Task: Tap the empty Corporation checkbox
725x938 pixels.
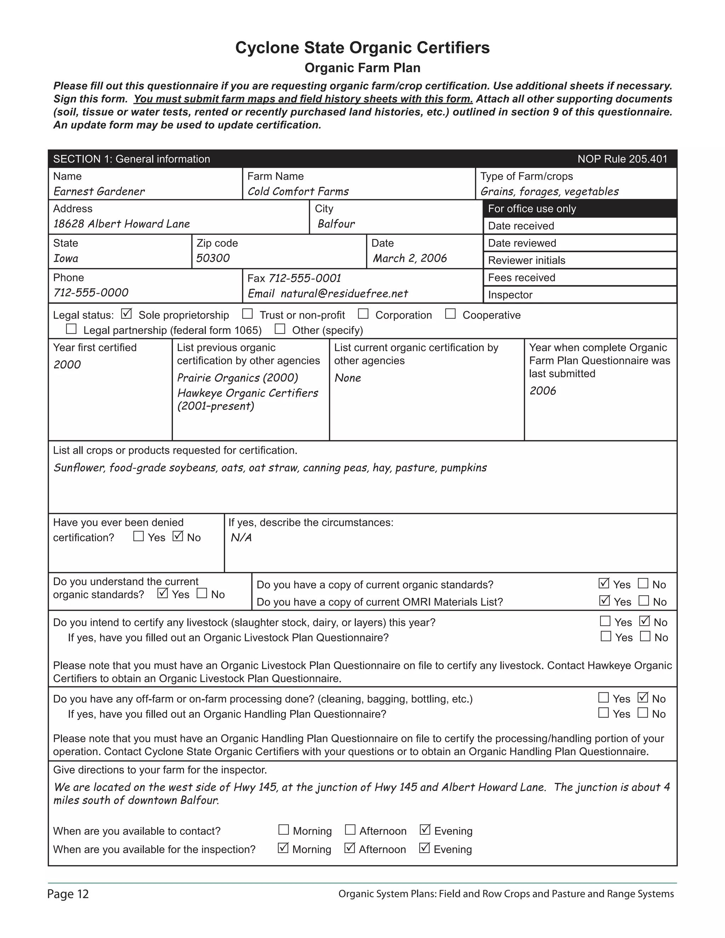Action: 363,314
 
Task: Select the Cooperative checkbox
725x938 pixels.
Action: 450,314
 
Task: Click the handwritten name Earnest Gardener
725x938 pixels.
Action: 99,191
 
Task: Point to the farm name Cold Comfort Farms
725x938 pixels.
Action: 298,191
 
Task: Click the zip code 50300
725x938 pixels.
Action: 213,258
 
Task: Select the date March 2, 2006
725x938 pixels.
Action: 409,258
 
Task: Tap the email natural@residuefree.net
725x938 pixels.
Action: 344,293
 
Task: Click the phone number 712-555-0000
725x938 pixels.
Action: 91,292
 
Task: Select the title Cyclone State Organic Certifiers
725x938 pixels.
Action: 362,48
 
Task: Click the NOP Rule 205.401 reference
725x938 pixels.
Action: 622,159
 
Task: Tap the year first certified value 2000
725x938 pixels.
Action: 67,365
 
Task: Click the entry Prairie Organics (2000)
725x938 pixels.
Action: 237,378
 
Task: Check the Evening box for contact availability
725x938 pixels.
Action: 424,830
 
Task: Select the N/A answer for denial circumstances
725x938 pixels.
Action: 241,538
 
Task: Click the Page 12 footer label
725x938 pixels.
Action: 68,894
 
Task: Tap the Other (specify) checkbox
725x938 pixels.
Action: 280,329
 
